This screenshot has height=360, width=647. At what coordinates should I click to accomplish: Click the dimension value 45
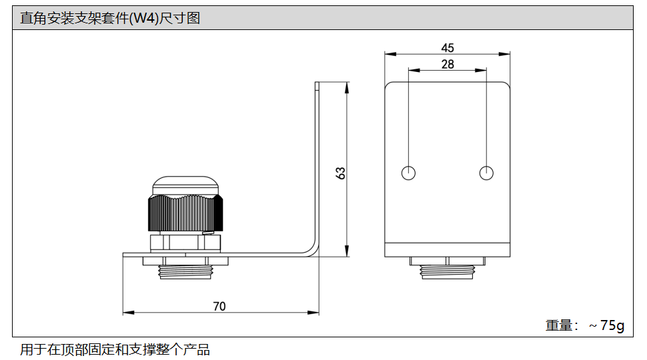pos(448,48)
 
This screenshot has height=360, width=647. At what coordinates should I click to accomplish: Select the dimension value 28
pos(448,64)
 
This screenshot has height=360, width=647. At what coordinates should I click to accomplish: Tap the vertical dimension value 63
pos(341,173)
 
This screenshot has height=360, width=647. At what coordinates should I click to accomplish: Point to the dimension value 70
pos(219,306)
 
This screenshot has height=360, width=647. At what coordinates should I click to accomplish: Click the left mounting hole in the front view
pos(409,173)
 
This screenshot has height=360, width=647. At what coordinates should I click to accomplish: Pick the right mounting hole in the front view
pos(487,173)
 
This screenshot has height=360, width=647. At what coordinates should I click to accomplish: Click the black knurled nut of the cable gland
pos(185,213)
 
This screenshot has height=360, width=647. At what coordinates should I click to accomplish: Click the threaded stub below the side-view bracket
pos(185,271)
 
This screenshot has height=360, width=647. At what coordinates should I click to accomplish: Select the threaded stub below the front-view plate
pos(448,271)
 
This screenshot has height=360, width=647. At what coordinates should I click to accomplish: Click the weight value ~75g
pos(606,325)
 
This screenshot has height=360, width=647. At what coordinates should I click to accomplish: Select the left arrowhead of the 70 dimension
pos(127,312)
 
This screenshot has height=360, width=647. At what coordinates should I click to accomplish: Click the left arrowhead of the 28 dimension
pos(412,70)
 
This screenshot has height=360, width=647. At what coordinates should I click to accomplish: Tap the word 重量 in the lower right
pos(559,325)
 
